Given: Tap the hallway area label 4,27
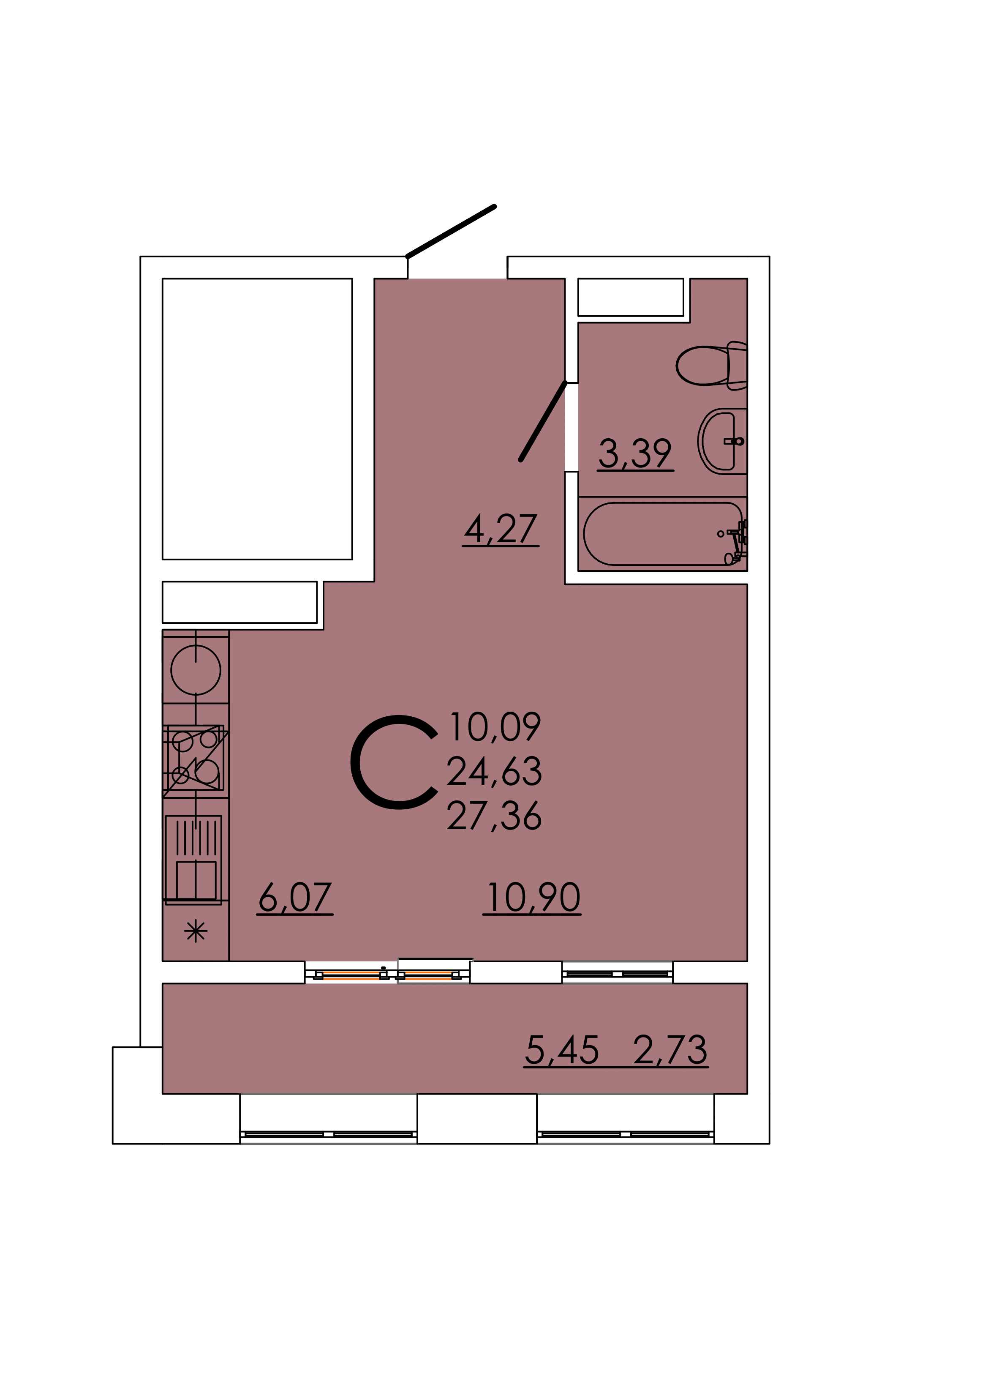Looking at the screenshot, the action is (501, 529).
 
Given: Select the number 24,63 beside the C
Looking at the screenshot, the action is (494, 771).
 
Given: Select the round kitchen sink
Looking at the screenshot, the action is (196, 670).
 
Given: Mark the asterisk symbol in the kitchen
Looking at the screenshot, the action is (196, 931).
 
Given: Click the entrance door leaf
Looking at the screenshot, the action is (450, 231).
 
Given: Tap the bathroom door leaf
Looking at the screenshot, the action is (544, 421).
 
